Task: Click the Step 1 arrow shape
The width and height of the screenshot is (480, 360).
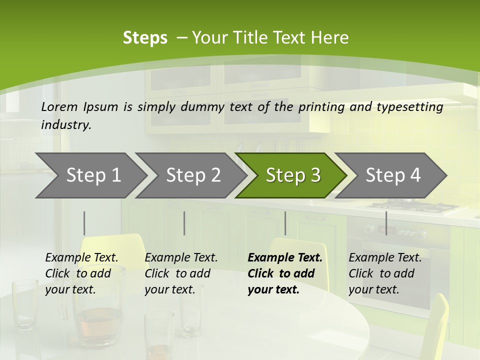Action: pyautogui.click(x=90, y=175)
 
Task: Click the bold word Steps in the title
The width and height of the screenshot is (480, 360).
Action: pyautogui.click(x=145, y=38)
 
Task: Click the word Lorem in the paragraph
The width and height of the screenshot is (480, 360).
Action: pyautogui.click(x=59, y=106)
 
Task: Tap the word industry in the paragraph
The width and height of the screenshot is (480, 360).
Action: pyautogui.click(x=66, y=125)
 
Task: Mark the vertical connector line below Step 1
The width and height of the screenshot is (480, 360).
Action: pyautogui.click(x=84, y=223)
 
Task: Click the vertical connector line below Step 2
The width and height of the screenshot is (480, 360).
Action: pyautogui.click(x=184, y=223)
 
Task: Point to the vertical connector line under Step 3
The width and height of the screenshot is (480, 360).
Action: pyautogui.click(x=285, y=223)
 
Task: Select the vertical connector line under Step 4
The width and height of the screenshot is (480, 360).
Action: pyautogui.click(x=386, y=223)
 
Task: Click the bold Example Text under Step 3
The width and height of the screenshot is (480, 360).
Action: pyautogui.click(x=285, y=258)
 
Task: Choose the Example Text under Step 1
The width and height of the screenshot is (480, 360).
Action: pyautogui.click(x=82, y=258)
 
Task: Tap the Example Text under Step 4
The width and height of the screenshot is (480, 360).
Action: pyautogui.click(x=385, y=258)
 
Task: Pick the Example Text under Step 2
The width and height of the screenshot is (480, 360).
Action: pyautogui.click(x=181, y=258)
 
